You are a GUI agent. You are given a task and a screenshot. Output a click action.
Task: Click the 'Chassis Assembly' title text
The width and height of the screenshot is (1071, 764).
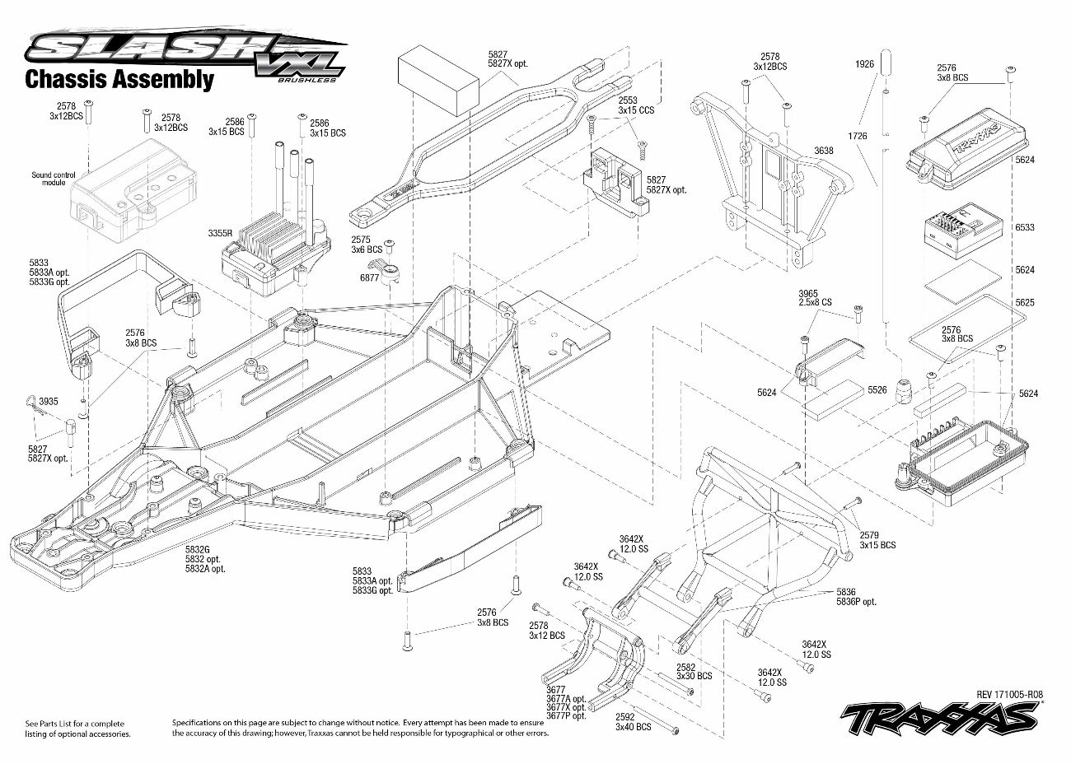click(x=119, y=79)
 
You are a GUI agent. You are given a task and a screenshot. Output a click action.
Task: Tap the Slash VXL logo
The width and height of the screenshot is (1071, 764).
click(x=185, y=54)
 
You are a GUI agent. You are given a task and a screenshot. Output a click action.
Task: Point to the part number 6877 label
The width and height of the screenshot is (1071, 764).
click(x=369, y=278)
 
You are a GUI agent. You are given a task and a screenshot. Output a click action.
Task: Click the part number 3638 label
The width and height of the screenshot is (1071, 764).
click(x=823, y=151)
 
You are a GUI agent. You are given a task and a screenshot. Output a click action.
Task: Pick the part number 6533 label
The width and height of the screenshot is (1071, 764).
click(x=1025, y=227)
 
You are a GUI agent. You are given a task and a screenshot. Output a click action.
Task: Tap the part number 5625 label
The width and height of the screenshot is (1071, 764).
click(x=1025, y=303)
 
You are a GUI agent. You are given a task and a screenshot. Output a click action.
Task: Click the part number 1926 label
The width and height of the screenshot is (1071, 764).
click(x=863, y=63)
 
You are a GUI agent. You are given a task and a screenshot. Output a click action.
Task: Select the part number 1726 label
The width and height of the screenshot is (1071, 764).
click(x=857, y=135)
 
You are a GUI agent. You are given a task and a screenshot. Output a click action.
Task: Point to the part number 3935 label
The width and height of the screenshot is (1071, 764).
click(x=49, y=402)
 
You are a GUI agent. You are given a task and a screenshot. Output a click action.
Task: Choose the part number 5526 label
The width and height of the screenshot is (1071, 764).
click(x=877, y=390)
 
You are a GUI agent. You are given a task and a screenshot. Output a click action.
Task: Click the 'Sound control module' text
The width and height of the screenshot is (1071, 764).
click(x=54, y=179)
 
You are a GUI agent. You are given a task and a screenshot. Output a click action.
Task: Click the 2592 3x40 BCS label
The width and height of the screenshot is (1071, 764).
click(x=633, y=721)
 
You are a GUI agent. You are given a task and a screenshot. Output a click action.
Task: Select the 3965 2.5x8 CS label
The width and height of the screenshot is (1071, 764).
click(x=815, y=297)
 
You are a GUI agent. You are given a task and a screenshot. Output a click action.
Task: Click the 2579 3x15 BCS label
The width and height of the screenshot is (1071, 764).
click(x=877, y=539)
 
